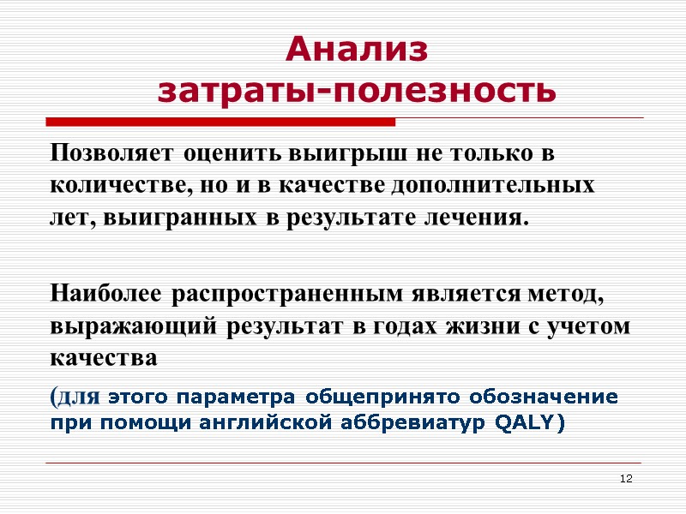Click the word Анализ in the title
coord(356,50)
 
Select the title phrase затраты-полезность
coord(357,90)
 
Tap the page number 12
coord(625,477)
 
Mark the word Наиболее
coord(108,295)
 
